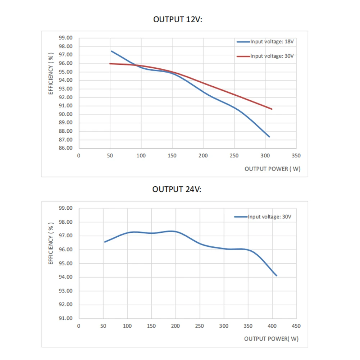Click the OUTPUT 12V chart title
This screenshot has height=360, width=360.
coord(178,19)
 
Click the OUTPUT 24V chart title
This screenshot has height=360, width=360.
coord(177,189)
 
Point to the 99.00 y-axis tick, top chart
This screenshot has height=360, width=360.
coord(66,38)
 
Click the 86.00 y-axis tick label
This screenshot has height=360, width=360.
coord(66,148)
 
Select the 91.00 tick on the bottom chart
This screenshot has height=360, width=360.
coord(66,318)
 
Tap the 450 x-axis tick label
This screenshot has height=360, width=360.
coord(296,326)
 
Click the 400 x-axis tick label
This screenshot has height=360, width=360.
coord(272,326)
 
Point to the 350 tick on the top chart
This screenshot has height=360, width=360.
coord(296,156)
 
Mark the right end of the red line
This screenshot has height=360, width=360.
coord(272,109)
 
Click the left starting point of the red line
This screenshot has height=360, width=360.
coord(110,64)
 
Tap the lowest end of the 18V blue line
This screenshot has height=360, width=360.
coord(269,137)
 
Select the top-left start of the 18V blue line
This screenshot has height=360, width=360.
coord(111,51)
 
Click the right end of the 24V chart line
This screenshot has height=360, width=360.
coord(276,275)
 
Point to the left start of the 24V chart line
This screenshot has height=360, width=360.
coord(105,242)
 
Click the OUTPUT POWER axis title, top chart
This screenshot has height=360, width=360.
coord(272,169)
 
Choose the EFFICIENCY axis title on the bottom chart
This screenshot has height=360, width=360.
coord(51,243)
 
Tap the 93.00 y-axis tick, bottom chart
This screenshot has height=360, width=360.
coord(66,291)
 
